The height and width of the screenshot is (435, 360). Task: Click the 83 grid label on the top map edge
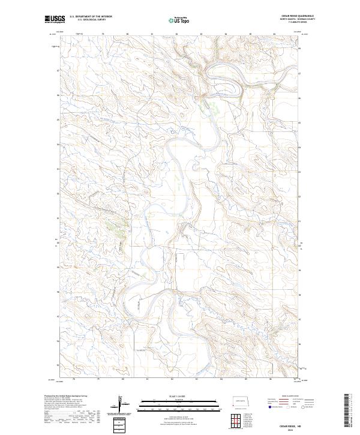click(200, 34)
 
